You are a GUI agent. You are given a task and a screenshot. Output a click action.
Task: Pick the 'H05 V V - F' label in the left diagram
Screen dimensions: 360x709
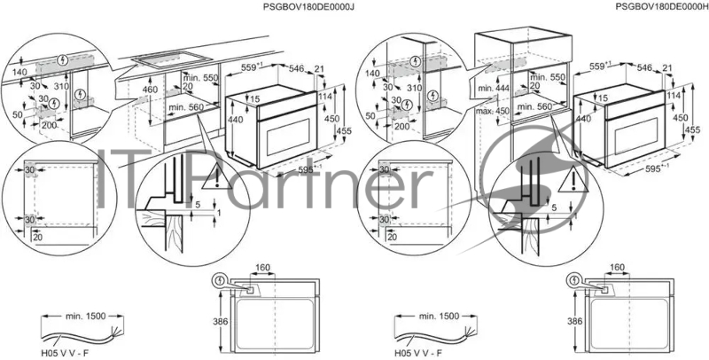64,351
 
